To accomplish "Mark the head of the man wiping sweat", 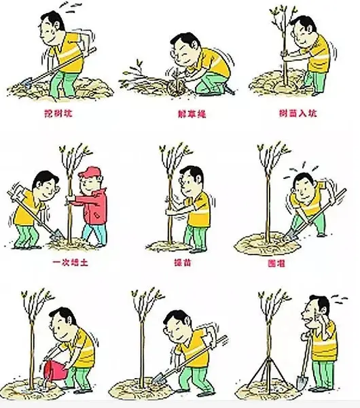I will click(x=317, y=310).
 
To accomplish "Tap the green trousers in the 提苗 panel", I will click(x=195, y=235).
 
